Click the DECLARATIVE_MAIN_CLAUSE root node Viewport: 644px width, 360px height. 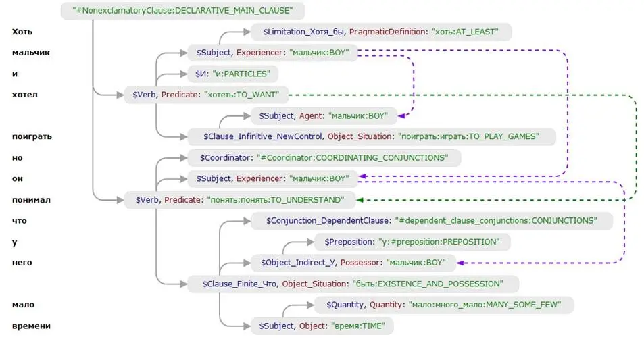click(182, 11)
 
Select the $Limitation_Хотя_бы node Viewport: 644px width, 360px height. click(381, 32)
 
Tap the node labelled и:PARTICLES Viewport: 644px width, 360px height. click(232, 74)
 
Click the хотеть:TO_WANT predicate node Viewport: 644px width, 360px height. click(206, 95)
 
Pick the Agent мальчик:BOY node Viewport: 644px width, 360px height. click(324, 116)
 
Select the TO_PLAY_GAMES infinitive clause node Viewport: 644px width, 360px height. click(371, 137)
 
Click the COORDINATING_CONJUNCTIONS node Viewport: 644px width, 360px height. click(324, 158)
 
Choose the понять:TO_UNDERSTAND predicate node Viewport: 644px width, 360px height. click(239, 200)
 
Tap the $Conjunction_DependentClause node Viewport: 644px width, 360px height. click(432, 221)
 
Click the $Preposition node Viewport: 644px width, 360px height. click(412, 242)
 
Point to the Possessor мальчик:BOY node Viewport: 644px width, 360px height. click(353, 263)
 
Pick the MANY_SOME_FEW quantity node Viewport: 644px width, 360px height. click(444, 305)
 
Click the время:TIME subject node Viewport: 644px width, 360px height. click(322, 326)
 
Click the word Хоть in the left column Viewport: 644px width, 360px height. click(22, 32)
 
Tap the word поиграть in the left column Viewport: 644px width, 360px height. click(32, 136)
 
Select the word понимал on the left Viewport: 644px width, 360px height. click(31, 200)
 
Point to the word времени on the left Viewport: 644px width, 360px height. click(31, 326)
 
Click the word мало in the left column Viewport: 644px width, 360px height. click(23, 305)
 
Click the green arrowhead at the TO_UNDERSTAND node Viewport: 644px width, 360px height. click(359, 200)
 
